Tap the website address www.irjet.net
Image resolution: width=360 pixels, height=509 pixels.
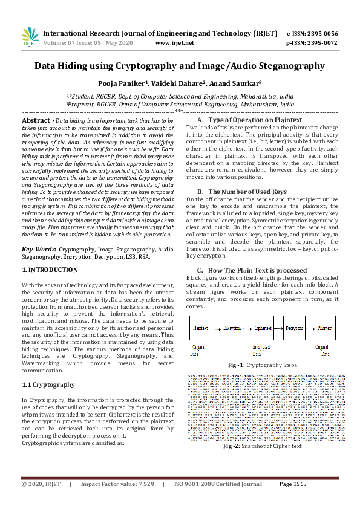pyautogui.click(x=174, y=43)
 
